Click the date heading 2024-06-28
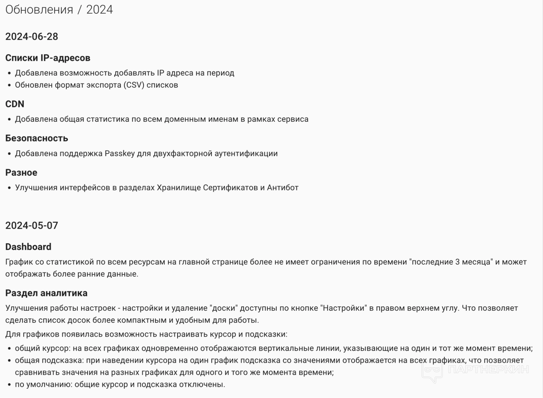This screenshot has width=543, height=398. [32, 37]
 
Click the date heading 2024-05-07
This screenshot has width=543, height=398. [32, 225]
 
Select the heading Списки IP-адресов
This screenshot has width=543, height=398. [48, 58]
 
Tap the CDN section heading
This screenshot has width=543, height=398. [15, 104]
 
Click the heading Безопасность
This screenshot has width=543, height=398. [37, 138]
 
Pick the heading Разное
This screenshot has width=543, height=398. [21, 173]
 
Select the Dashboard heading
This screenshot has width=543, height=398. [28, 247]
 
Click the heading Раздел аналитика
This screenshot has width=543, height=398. [46, 293]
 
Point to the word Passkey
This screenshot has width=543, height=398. [120, 154]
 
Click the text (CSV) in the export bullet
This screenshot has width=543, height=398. [134, 85]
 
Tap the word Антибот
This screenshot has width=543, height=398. [283, 188]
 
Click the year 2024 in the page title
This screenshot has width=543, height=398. [99, 10]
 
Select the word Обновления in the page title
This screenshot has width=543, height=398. [39, 10]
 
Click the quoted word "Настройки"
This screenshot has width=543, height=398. [344, 308]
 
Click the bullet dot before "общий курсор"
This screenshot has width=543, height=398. [10, 349]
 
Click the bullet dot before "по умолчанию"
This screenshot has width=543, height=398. [10, 385]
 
